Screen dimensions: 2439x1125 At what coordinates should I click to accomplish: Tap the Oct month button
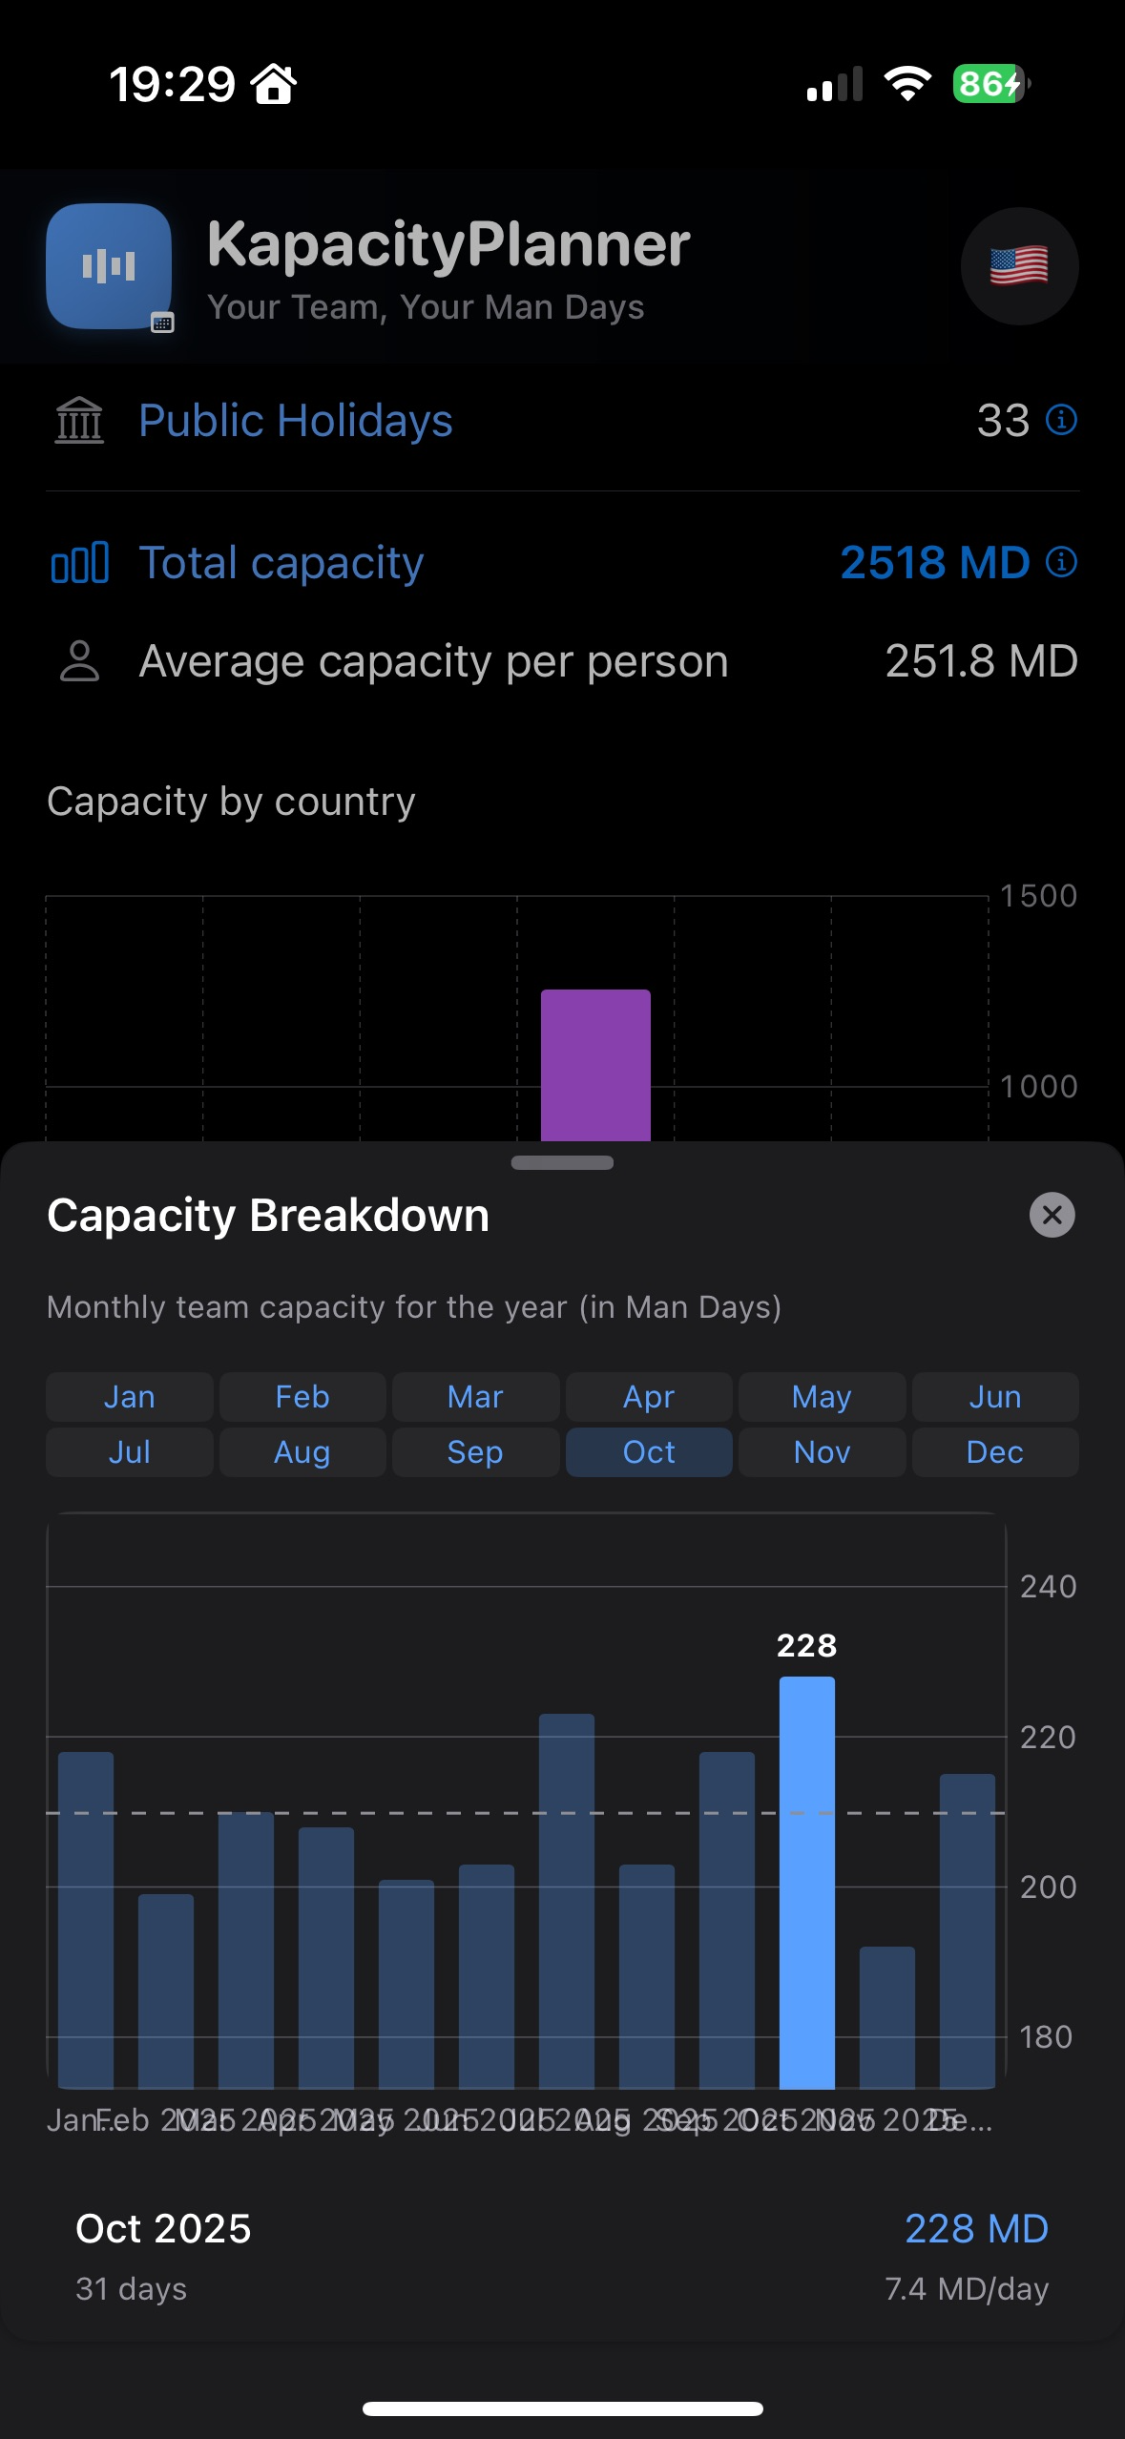coord(649,1452)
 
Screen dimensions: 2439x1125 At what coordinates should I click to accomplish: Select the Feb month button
coord(302,1397)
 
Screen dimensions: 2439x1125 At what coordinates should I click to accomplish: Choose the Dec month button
coord(994,1452)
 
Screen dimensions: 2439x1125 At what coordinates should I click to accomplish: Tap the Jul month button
coord(129,1452)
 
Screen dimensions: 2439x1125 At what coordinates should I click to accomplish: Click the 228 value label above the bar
coord(806,1645)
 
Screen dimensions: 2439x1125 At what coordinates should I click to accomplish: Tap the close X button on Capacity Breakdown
coord(1052,1215)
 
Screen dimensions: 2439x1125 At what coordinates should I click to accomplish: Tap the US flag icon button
coord(1019,266)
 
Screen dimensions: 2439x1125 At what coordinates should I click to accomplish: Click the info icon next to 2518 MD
coord(1061,562)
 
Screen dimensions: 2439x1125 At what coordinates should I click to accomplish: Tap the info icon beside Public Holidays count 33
coord(1061,420)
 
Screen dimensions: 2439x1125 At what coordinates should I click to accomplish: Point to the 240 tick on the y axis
coord(1047,1586)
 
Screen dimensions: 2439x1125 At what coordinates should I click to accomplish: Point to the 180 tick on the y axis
coord(1047,2037)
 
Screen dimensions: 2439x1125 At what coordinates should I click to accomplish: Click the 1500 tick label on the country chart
coord(1037,896)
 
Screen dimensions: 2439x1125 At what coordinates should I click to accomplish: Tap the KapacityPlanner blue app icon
coord(109,266)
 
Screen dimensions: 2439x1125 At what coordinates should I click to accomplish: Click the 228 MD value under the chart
coord(975,2229)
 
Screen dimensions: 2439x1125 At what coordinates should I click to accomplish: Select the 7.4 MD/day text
coord(966,2288)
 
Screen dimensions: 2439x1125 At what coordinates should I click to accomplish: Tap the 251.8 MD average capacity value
coord(981,661)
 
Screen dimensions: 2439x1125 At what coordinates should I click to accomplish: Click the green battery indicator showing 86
coord(989,84)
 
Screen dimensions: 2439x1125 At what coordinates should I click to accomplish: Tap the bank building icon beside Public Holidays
coord(79,420)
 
